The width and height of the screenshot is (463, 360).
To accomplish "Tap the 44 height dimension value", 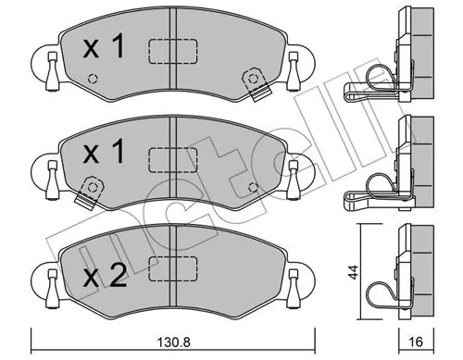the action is tap(355, 271).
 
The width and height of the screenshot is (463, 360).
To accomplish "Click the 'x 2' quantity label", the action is tap(105, 276).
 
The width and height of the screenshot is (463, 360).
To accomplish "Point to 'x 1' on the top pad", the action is tap(104, 46).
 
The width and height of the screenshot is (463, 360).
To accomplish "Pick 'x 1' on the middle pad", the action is tap(104, 152).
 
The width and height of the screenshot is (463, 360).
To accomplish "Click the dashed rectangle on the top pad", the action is tap(173, 52).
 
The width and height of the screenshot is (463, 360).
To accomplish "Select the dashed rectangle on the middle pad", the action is tap(173, 159).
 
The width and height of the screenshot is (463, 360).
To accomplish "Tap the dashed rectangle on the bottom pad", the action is tap(173, 268).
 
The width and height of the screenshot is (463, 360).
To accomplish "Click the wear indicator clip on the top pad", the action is tap(256, 84).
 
